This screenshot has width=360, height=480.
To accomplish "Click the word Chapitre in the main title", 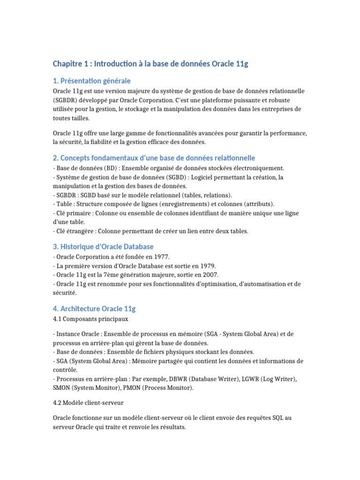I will tap(67, 64).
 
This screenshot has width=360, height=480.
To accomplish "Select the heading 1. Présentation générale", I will tap(91, 81).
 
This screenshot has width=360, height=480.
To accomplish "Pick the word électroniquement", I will tap(258, 168).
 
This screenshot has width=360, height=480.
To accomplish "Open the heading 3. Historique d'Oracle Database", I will tap(103, 247).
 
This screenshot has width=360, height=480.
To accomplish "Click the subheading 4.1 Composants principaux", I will tap(90, 319).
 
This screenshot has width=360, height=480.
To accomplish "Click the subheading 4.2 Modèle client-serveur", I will tap(88, 403).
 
